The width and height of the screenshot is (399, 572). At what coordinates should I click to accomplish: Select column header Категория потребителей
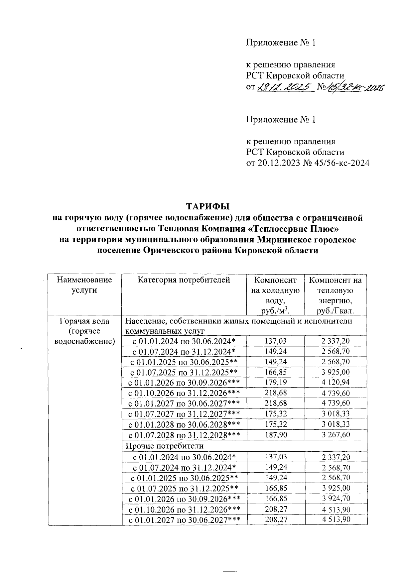tap(184, 280)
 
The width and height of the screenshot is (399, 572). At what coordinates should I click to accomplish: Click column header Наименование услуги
tap(84, 285)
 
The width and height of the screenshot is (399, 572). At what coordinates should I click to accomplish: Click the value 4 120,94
tap(335, 383)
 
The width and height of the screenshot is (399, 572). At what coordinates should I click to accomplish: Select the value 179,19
tap(275, 383)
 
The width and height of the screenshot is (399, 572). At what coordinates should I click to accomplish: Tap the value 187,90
tap(275, 435)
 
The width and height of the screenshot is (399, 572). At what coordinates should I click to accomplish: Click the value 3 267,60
tap(335, 435)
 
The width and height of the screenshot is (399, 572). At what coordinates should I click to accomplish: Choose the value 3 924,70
tap(335, 499)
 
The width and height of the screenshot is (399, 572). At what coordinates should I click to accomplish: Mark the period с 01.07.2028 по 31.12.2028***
tap(184, 435)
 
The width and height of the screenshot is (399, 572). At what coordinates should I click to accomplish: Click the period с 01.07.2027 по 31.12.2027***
tap(184, 414)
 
